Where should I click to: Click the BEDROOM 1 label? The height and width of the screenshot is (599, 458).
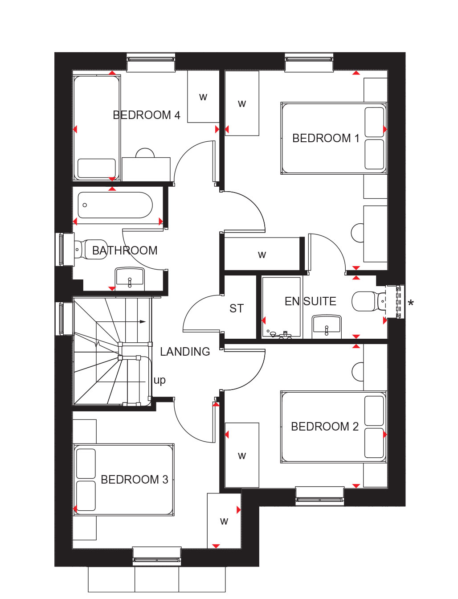tap(326, 138)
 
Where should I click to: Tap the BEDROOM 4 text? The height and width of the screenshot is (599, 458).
tap(147, 115)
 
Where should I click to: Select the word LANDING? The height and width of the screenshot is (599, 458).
tap(185, 352)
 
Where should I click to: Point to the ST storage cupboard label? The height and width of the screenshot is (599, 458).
tap(236, 308)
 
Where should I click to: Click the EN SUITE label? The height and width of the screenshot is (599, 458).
tap(311, 301)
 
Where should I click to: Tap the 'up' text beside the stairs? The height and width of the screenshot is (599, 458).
tap(159, 381)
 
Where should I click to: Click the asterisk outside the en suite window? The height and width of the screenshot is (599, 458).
tap(410, 303)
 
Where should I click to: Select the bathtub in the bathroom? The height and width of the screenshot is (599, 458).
tap(115, 205)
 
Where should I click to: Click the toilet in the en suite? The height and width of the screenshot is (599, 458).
tap(368, 301)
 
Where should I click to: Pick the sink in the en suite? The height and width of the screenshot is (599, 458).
tap(327, 325)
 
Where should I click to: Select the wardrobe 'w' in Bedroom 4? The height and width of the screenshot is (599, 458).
tap(203, 97)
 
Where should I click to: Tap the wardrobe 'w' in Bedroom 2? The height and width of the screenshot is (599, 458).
tap(241, 455)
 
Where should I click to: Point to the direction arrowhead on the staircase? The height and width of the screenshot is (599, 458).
tap(143, 321)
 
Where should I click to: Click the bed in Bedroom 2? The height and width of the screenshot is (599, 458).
tap(334, 427)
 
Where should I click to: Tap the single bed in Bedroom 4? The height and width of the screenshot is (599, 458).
tap(97, 128)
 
